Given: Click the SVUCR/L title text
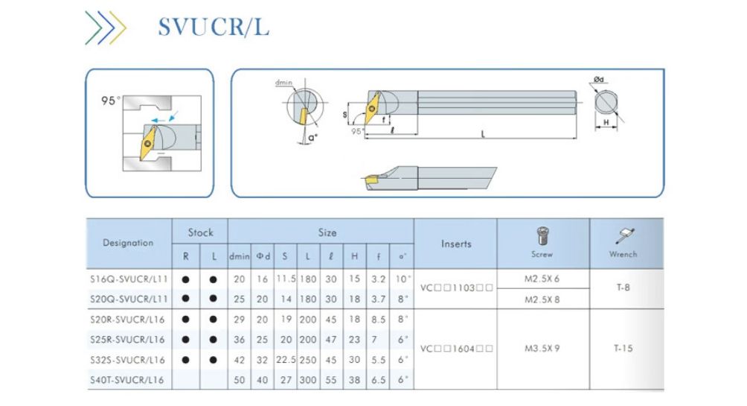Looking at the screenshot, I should pyautogui.click(x=213, y=26).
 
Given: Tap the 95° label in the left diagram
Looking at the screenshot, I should pyautogui.click(x=112, y=100).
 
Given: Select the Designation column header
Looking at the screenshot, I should pyautogui.click(x=128, y=243).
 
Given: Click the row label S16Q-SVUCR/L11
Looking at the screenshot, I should pyautogui.click(x=128, y=279).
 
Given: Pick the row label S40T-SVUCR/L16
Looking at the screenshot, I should pyautogui.click(x=128, y=381).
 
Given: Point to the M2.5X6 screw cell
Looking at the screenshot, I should pyautogui.click(x=542, y=278).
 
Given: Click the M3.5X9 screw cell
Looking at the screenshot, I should pyautogui.click(x=542, y=348).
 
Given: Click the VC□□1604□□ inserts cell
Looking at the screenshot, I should pyautogui.click(x=455, y=348).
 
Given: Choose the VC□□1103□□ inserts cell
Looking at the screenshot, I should pyautogui.click(x=455, y=289).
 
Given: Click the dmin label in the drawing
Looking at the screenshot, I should pyautogui.click(x=283, y=83).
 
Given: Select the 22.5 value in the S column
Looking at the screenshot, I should pyautogui.click(x=285, y=360).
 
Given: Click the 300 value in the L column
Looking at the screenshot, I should pyautogui.click(x=307, y=381).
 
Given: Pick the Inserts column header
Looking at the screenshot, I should pyautogui.click(x=455, y=244).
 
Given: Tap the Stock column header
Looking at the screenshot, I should pyautogui.click(x=200, y=232).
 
